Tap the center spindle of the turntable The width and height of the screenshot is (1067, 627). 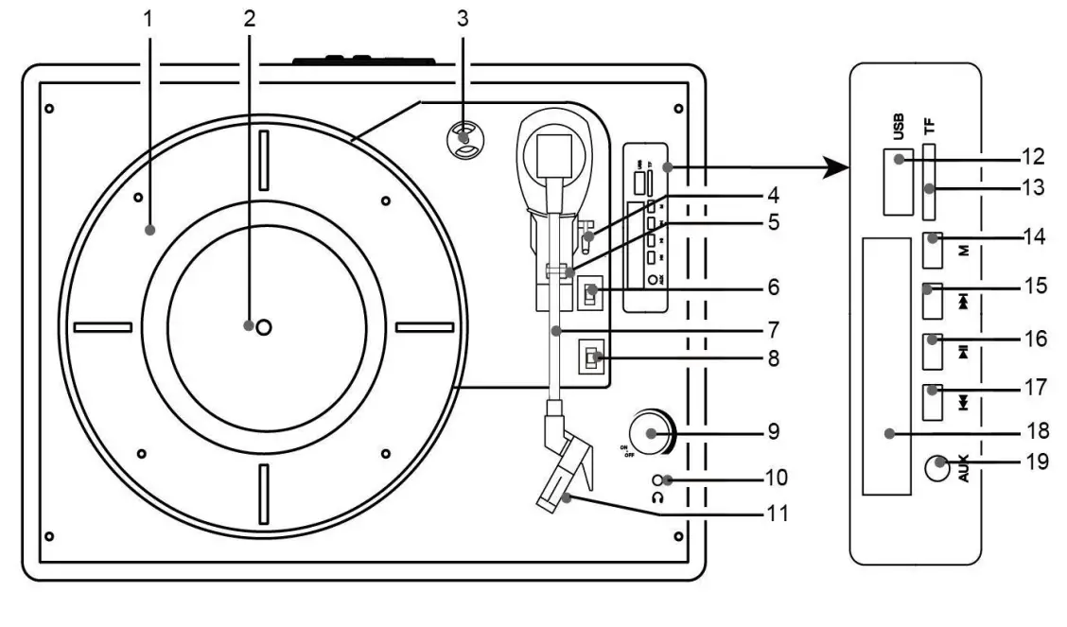coord(263,326)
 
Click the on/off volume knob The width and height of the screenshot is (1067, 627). coord(650,434)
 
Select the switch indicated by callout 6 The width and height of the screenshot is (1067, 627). coord(590,294)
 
